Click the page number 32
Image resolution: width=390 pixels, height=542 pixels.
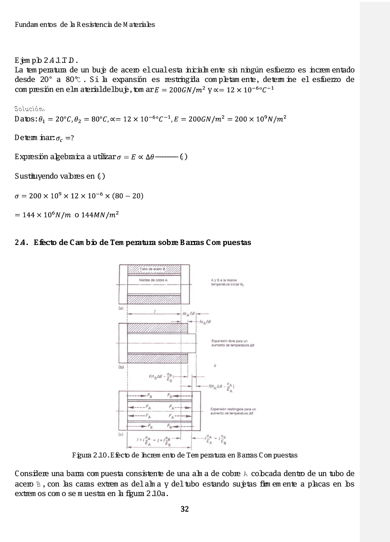(x=185, y=509)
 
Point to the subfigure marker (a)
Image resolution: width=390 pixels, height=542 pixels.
(x=121, y=307)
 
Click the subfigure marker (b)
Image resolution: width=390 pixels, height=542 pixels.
(x=121, y=367)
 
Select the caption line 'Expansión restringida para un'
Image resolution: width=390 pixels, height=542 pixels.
(x=233, y=409)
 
